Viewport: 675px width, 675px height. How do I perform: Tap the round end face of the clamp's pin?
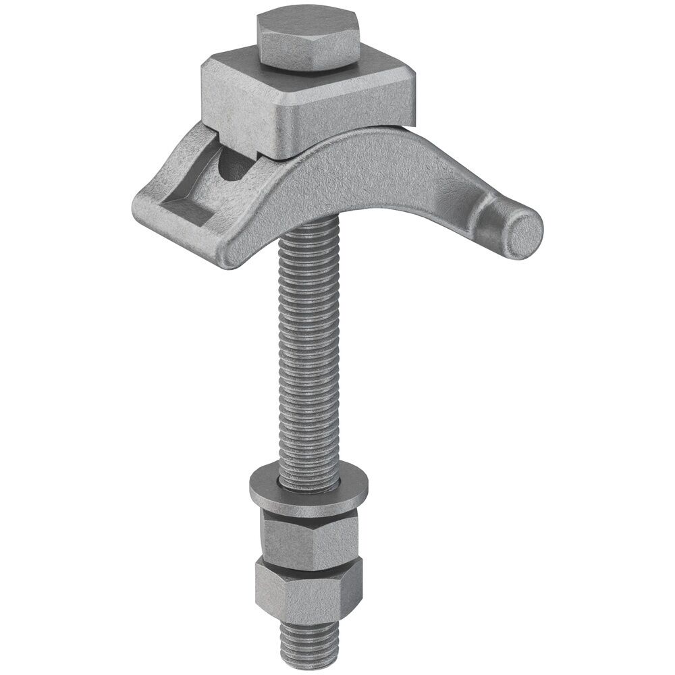point(524,234)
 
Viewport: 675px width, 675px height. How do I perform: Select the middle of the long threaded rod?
point(307,351)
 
